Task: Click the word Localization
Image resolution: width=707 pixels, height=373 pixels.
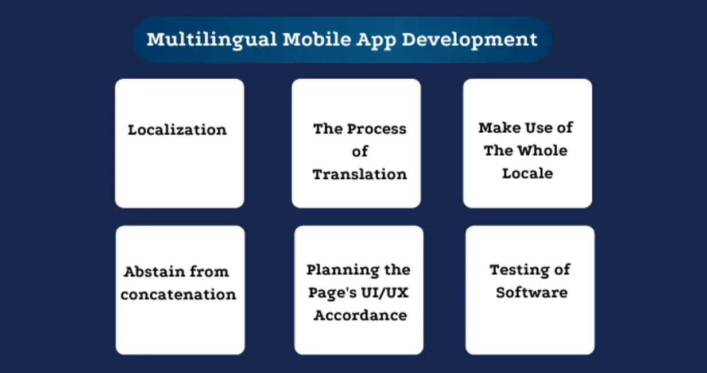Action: point(177,130)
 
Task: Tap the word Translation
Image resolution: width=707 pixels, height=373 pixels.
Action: point(359,174)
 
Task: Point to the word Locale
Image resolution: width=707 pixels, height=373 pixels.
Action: point(527,173)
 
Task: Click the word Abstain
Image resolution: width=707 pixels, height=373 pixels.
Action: point(154,271)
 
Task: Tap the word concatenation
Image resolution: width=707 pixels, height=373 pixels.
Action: point(178,294)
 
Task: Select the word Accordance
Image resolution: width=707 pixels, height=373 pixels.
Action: point(360,315)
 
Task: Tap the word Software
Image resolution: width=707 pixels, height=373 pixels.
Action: point(532,292)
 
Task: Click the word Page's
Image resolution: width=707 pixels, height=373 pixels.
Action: point(332,293)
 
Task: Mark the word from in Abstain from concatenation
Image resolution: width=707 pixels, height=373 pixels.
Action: point(209,271)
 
